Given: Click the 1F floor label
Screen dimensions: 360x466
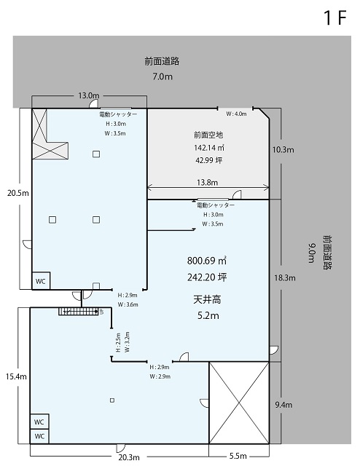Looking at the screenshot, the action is tap(335, 17).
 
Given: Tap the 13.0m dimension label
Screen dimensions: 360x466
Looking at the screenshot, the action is tap(89, 95).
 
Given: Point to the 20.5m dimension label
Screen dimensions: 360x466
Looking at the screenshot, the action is tap(17, 193).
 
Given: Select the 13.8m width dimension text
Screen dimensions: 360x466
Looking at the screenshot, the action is tap(208, 182).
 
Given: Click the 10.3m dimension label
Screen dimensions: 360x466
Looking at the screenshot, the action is tap(283, 149).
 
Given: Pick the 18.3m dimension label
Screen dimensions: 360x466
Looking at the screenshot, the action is tap(285, 278).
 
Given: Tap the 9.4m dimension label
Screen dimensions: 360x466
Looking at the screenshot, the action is tap(283, 405).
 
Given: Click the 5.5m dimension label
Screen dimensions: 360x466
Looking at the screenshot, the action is tap(238, 456).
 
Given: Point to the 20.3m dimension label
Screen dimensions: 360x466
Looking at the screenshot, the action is tap(129, 457).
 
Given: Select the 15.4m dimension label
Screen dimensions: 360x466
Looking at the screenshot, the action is tap(16, 376).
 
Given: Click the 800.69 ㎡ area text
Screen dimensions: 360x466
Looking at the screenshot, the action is tap(207, 261).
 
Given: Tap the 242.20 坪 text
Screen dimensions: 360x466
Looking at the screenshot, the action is tap(207, 277).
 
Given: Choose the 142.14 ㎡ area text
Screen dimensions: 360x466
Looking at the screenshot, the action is tap(209, 147).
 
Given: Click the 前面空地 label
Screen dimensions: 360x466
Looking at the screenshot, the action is tap(208, 135).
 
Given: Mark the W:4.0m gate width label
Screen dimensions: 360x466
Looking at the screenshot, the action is tap(236, 114).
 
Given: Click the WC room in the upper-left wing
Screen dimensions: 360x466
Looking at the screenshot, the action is tap(41, 281).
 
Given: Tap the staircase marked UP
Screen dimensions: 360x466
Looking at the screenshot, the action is tap(78, 312).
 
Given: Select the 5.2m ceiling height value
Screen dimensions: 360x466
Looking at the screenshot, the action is tap(208, 315).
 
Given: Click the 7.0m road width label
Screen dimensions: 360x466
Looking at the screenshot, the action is tap(163, 76).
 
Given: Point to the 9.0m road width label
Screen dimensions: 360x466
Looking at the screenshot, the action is tap(311, 253).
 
